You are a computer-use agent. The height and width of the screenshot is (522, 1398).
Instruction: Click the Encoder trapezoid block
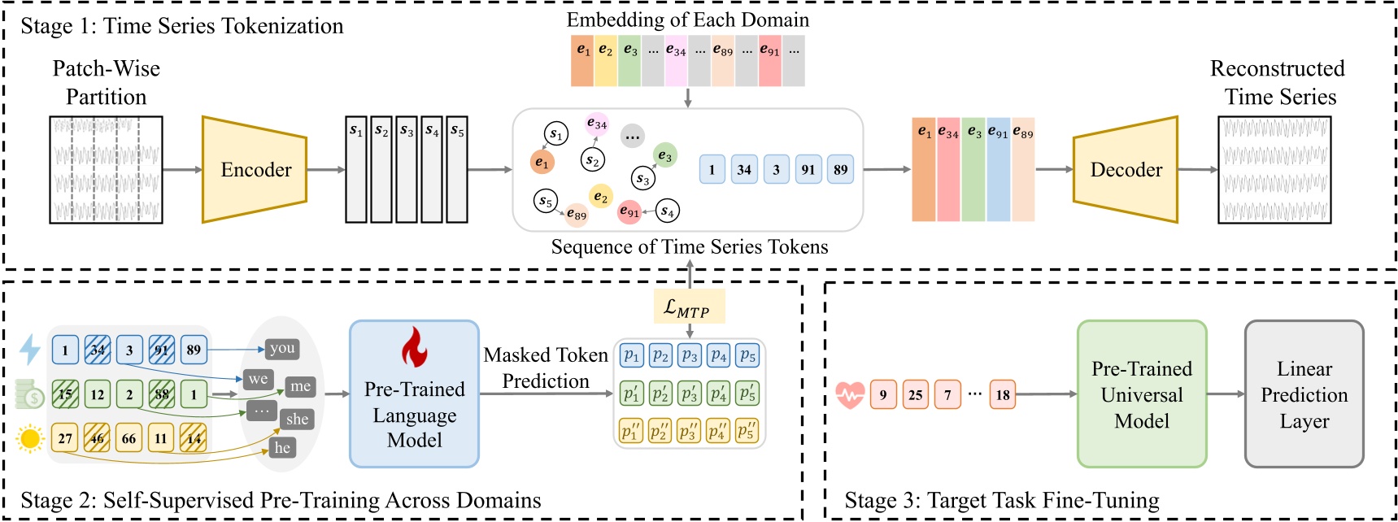(x=255, y=169)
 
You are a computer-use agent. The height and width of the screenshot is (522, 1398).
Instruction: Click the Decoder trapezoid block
(x=1126, y=169)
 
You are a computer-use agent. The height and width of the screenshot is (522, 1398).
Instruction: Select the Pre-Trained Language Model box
(x=414, y=394)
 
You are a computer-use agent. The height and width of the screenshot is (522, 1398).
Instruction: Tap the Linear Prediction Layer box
(x=1304, y=394)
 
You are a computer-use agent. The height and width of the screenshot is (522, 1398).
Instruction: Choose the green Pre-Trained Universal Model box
(x=1141, y=394)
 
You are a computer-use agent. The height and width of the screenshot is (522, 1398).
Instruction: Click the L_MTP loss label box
(x=689, y=307)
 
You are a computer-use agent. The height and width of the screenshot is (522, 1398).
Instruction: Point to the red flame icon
(x=414, y=347)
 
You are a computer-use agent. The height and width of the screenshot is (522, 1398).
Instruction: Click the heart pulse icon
(x=850, y=395)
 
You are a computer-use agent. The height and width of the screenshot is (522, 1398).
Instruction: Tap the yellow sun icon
(x=30, y=439)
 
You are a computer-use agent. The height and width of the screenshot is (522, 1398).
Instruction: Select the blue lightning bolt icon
(x=30, y=350)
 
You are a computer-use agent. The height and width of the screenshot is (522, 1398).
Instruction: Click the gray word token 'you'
(x=282, y=349)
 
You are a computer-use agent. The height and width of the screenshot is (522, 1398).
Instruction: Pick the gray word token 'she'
(x=297, y=419)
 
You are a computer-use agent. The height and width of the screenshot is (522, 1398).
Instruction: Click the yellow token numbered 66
(x=128, y=438)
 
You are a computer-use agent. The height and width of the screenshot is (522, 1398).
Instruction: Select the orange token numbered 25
(x=915, y=395)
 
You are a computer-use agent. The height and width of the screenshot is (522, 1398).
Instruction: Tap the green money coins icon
(x=30, y=394)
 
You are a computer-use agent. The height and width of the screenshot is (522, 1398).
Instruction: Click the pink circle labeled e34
(x=597, y=124)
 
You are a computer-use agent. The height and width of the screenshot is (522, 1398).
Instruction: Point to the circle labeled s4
(x=667, y=211)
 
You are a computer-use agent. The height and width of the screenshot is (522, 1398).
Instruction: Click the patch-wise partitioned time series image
(x=106, y=169)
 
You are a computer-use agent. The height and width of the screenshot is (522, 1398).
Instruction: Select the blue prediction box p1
(x=631, y=356)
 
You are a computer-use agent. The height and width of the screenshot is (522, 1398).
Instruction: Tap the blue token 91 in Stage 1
(x=808, y=170)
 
